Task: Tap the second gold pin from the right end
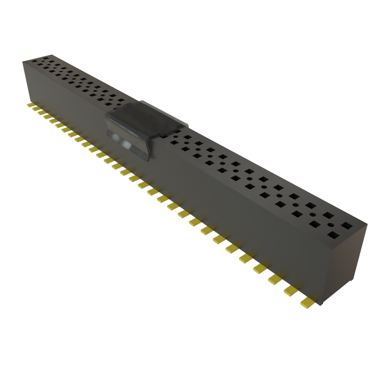(290, 291)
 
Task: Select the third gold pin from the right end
(274, 280)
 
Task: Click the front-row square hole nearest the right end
(333, 235)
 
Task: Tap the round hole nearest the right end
(330, 225)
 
